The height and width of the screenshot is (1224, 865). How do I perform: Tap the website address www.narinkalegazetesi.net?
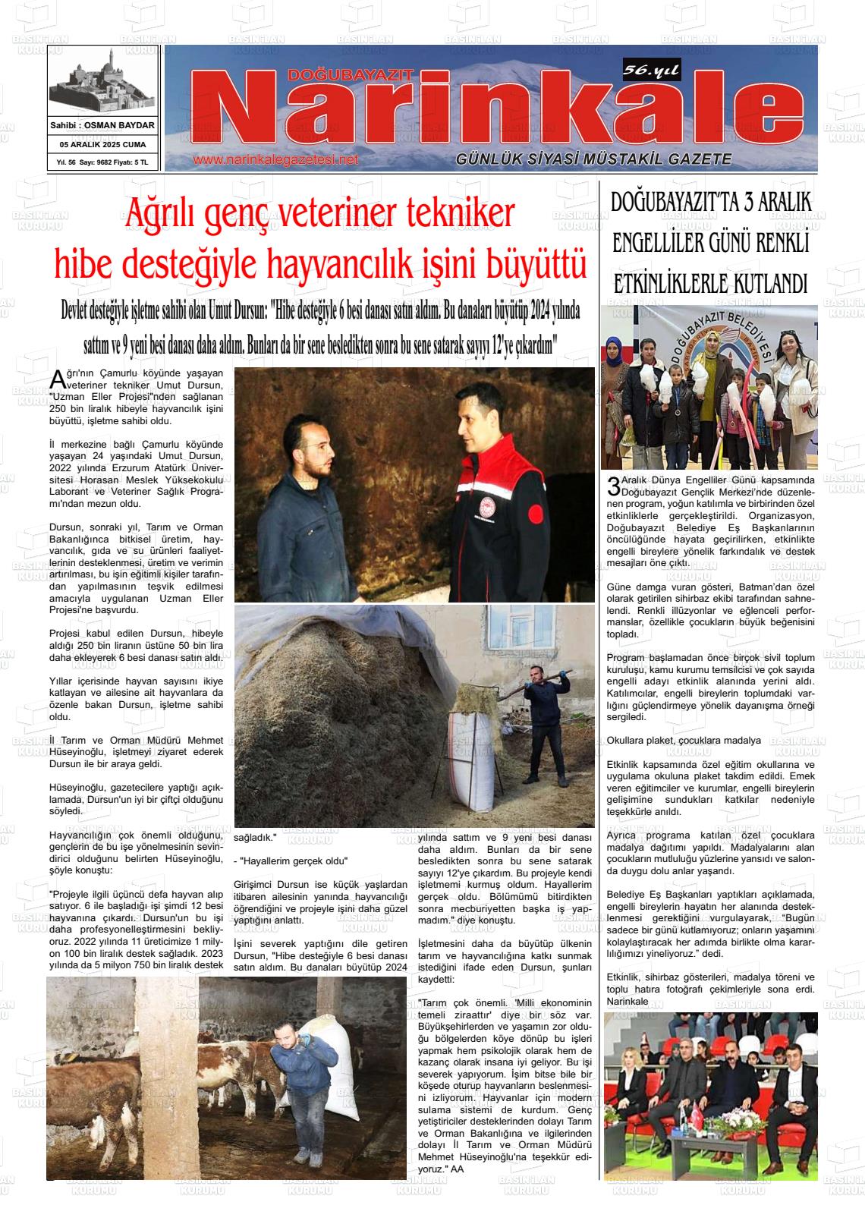point(275,160)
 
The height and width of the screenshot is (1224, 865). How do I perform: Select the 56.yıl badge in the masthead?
point(651,71)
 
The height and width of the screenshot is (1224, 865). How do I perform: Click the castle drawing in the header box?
point(102,85)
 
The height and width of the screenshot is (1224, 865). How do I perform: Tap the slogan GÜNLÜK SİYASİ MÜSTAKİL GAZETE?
point(593,159)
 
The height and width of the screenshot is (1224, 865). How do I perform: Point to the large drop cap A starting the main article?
point(55,378)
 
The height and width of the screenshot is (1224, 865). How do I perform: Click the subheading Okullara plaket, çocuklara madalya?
point(684,740)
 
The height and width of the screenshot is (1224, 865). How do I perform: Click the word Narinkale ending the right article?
point(628,1002)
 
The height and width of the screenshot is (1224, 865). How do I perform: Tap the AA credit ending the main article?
point(457,1169)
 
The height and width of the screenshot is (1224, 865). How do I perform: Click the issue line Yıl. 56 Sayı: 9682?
point(86,162)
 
